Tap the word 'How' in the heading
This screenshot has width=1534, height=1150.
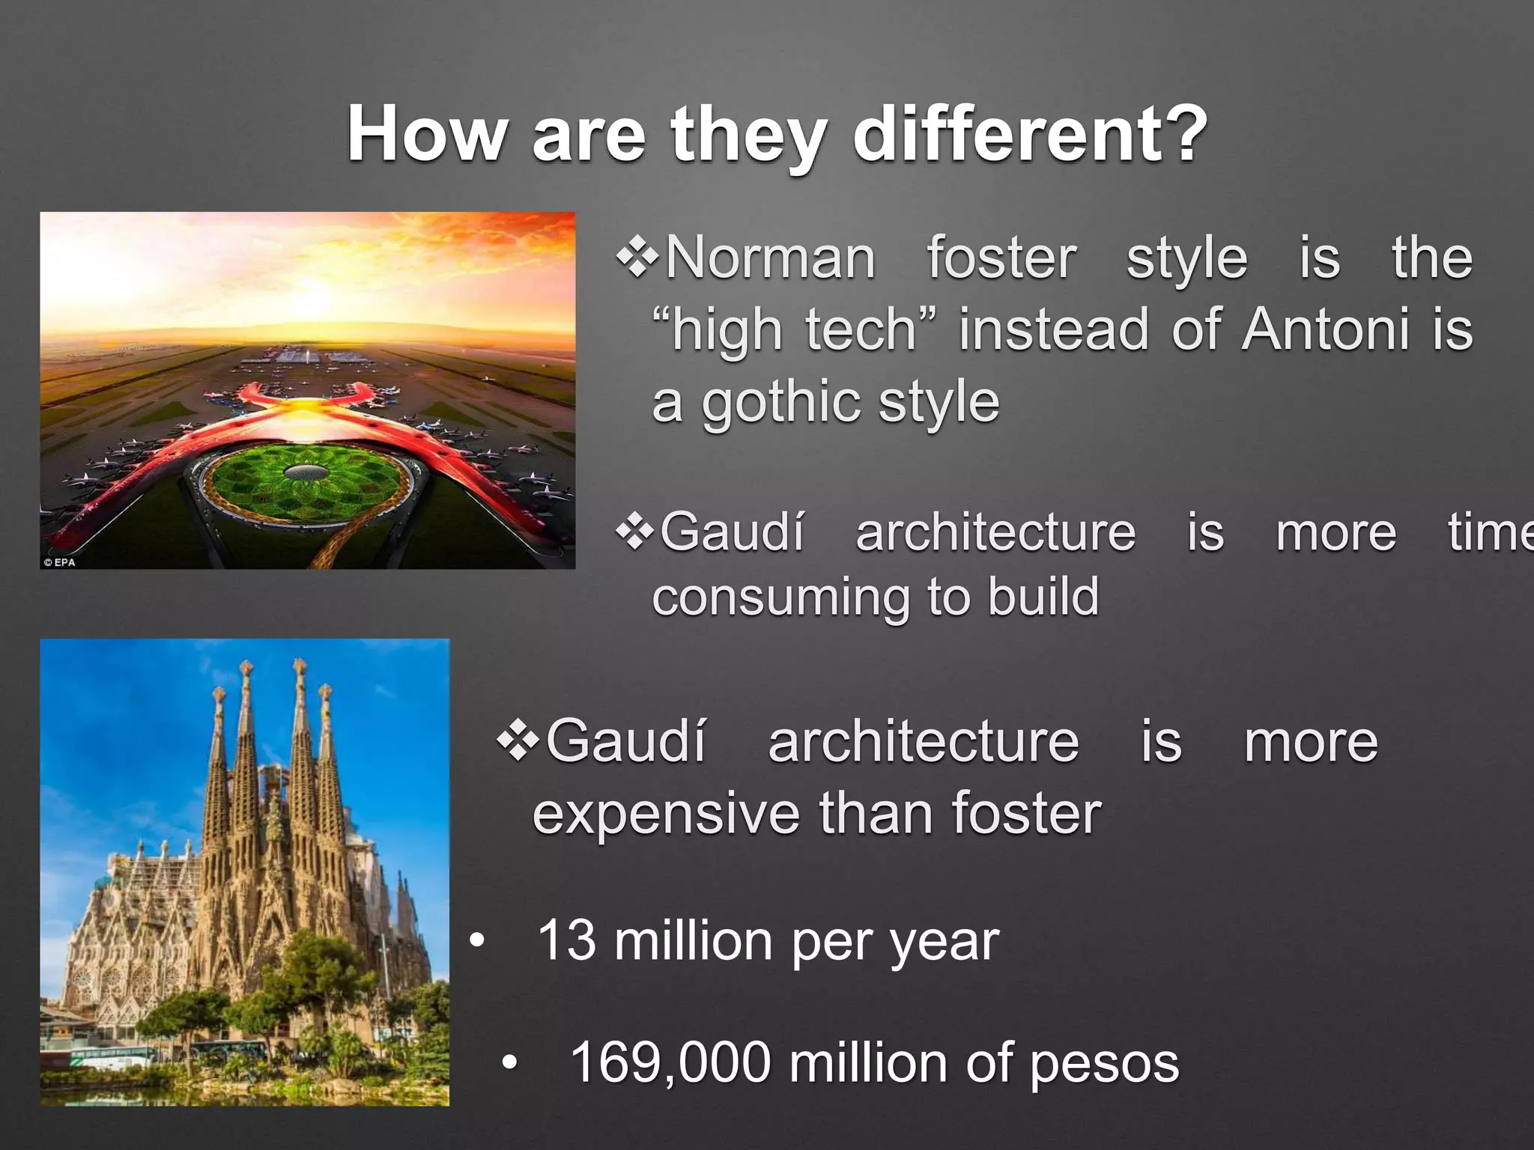coord(425,135)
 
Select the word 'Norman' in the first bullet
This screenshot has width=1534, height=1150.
coord(770,258)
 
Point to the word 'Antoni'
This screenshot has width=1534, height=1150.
coord(1326,329)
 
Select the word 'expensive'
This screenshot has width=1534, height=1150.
coord(665,815)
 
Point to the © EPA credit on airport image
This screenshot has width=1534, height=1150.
coord(60,562)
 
